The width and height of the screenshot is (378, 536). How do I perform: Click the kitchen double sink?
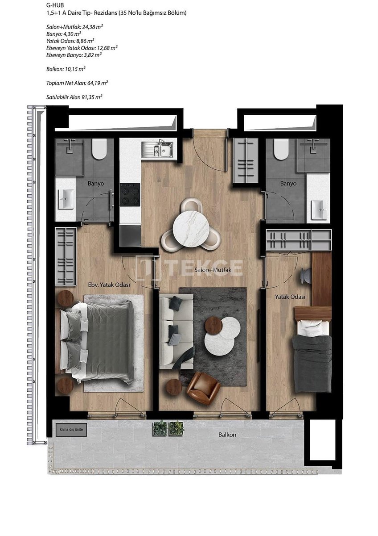click(x=157, y=150)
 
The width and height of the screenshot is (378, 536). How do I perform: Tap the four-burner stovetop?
click(x=130, y=195)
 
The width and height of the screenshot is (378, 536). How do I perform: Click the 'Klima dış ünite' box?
click(x=71, y=429)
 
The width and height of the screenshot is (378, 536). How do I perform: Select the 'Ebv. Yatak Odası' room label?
click(x=109, y=285)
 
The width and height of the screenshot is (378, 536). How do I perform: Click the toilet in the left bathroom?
click(x=99, y=150)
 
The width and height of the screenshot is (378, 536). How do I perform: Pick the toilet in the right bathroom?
click(x=281, y=150)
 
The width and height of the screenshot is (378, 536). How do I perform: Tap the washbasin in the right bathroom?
click(x=319, y=209)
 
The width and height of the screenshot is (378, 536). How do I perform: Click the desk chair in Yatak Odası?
click(x=305, y=276)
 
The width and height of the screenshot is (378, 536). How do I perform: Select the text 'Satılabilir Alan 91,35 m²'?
click(x=74, y=97)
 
